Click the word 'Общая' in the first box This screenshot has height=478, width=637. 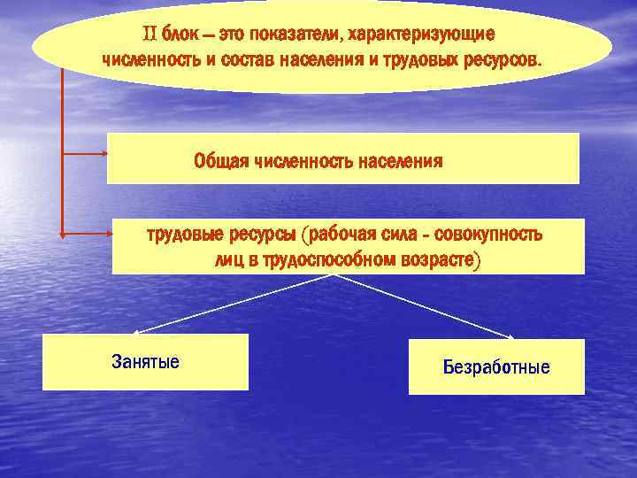point(221,161)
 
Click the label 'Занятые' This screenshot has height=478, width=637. point(145,361)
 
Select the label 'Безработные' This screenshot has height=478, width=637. point(496,366)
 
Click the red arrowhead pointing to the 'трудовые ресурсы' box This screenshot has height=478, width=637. point(108,234)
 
